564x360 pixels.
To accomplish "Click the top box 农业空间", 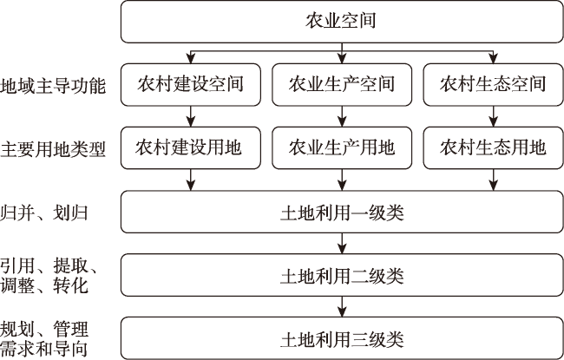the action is point(342,22).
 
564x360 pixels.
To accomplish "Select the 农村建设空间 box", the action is point(191,84).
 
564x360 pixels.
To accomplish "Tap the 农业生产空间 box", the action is point(342,84).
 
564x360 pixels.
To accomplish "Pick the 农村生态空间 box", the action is point(493,84).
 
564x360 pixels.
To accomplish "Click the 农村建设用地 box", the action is point(191,147).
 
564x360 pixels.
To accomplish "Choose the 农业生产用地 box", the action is point(342,147).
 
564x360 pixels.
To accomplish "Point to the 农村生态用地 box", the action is point(493,147).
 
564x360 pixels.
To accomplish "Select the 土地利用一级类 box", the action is point(342,212).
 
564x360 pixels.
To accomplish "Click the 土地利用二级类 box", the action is point(342,275).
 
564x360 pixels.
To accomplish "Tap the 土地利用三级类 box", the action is point(342,338).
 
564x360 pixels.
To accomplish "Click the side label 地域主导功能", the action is point(53,87).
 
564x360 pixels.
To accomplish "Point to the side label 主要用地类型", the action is point(53,149).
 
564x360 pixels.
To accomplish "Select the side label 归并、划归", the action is point(44,213).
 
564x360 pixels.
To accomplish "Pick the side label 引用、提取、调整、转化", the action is point(49,276).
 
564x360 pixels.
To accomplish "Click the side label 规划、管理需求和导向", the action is point(44,339).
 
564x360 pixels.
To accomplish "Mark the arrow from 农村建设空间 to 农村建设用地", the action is point(191,116).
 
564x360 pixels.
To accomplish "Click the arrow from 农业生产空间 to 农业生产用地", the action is point(342,116).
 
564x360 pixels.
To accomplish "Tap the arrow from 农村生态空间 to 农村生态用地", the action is point(493,116).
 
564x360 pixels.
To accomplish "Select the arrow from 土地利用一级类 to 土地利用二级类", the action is point(342,244).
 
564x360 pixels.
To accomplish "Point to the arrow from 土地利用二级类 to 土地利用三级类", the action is point(342,306).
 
